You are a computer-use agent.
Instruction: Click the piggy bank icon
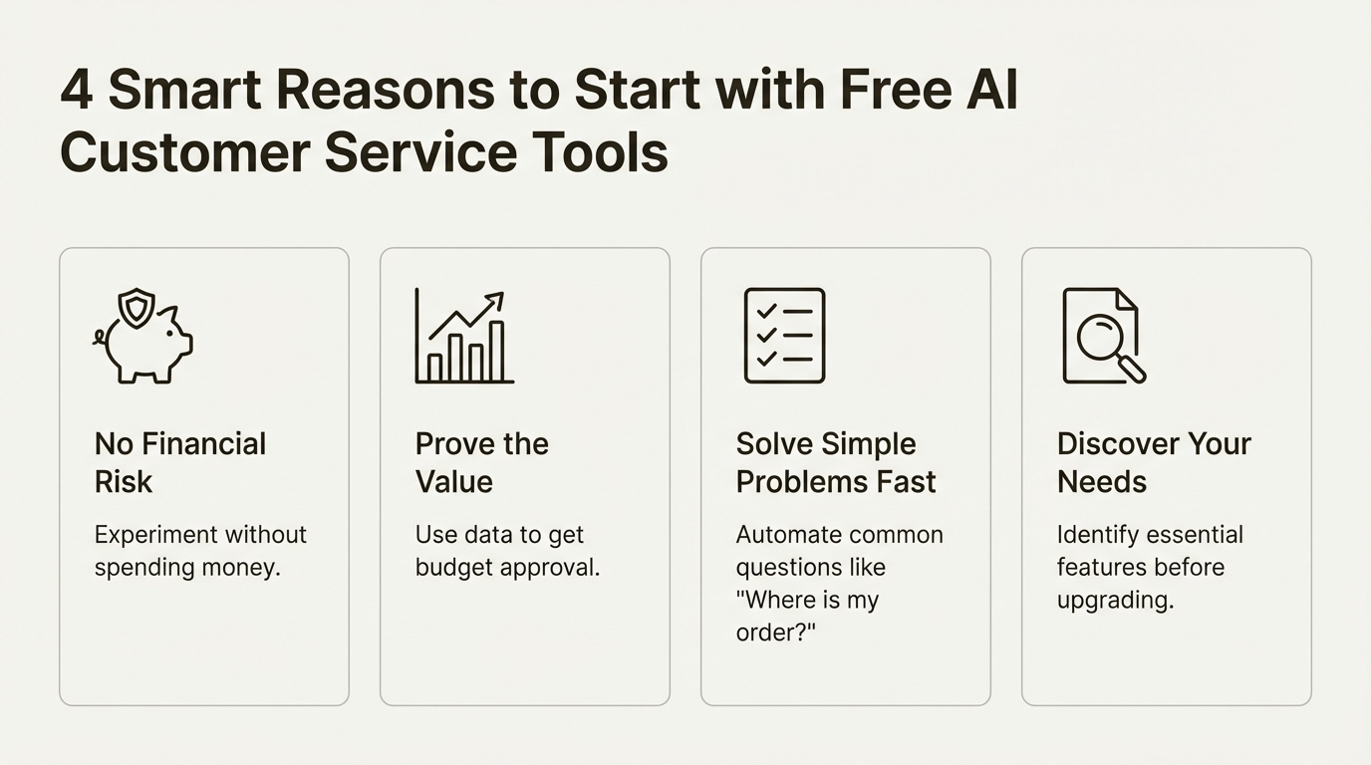(147, 344)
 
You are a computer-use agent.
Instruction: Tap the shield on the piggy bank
(137, 308)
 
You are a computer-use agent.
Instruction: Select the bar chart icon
(464, 339)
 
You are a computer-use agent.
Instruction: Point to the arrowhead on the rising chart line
(495, 299)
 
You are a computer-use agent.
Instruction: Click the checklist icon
(784, 336)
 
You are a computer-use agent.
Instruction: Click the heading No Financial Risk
(180, 462)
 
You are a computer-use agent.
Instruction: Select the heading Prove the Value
(481, 462)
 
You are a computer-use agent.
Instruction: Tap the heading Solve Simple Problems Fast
(835, 462)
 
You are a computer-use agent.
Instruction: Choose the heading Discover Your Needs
(1154, 462)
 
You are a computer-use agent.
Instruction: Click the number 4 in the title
(76, 91)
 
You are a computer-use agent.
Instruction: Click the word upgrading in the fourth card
(1115, 601)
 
